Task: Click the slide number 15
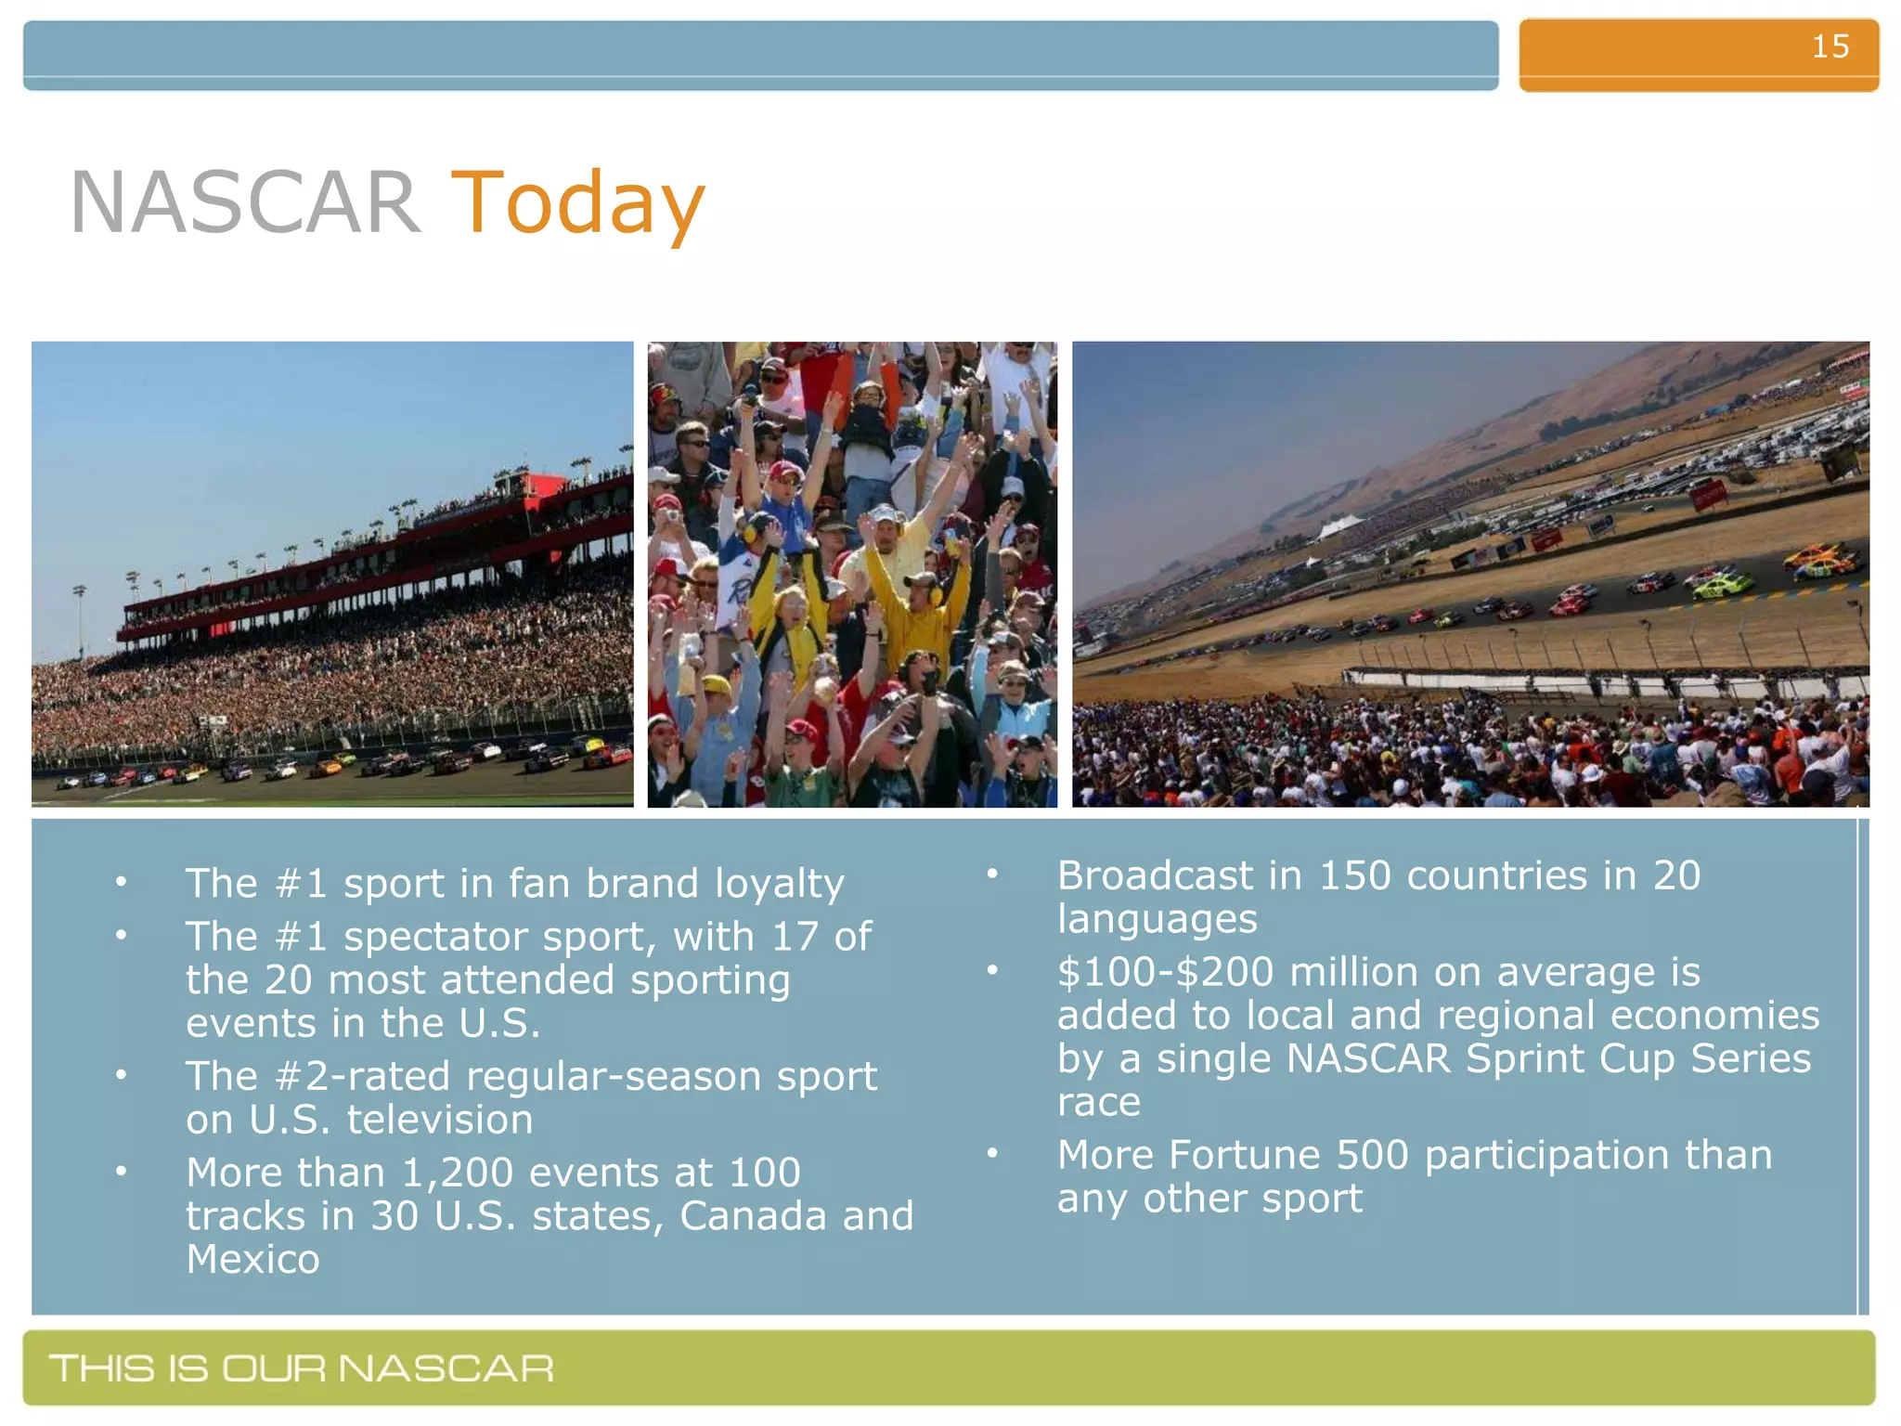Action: click(x=1830, y=46)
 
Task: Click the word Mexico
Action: click(x=252, y=1261)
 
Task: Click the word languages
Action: click(x=1157, y=920)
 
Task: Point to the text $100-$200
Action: click(x=1165, y=973)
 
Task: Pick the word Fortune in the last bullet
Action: click(x=1244, y=1156)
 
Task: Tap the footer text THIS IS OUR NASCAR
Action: click(x=302, y=1368)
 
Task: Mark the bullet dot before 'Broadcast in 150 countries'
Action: click(x=991, y=875)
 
